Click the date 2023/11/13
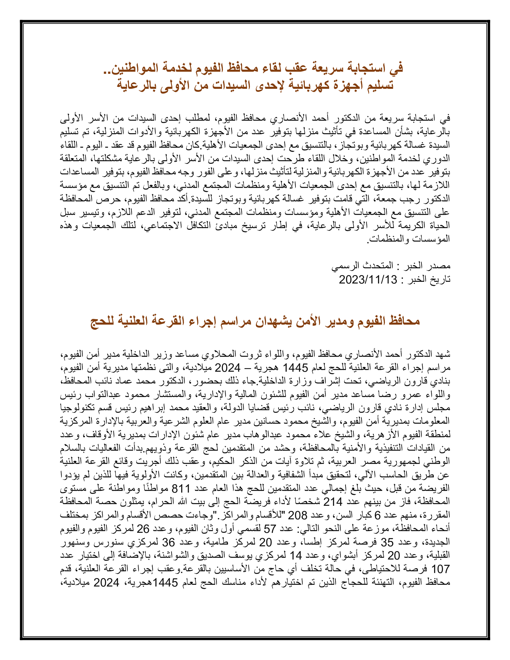point(367,280)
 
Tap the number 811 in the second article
point(181,488)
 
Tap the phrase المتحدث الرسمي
point(362,266)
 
